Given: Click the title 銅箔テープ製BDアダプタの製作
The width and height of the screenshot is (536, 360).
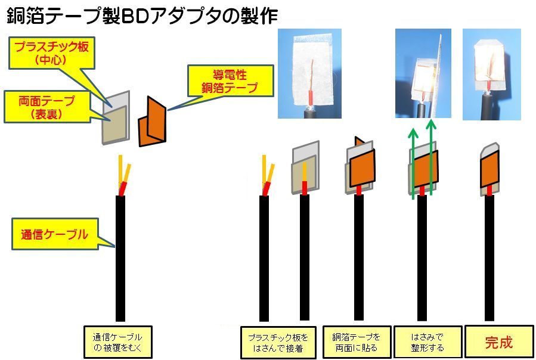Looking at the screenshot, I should tap(142, 15).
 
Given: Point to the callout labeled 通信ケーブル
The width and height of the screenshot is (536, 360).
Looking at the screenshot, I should tap(51, 235).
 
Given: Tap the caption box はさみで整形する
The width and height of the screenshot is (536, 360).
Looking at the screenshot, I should tap(427, 342).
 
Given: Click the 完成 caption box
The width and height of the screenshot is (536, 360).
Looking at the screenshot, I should tap(498, 342).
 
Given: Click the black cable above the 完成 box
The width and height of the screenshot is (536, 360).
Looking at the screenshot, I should tap(489, 256).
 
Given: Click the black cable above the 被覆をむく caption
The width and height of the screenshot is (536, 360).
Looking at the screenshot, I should tap(120, 256).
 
